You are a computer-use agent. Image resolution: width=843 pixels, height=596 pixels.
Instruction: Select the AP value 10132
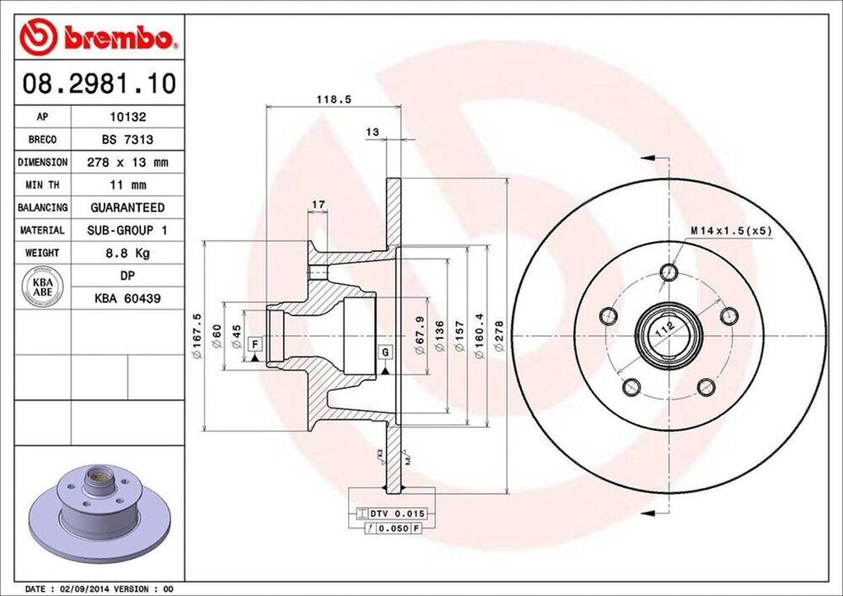click(x=128, y=118)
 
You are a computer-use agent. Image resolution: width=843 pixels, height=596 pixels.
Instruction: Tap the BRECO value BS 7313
click(x=128, y=140)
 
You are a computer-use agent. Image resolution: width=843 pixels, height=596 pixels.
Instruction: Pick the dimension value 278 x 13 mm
click(x=128, y=162)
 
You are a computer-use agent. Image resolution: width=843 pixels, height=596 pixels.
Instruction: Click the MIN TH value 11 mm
click(x=128, y=185)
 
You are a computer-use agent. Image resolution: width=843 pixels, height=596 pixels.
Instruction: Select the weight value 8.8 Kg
click(x=128, y=253)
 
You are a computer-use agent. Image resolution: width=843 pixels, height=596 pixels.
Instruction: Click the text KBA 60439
click(x=128, y=298)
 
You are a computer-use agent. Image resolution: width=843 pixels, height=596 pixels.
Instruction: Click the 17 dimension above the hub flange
click(x=317, y=203)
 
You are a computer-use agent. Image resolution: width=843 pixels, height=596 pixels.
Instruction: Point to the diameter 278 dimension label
click(x=499, y=336)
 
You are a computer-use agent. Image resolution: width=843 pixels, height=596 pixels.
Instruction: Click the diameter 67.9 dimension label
click(x=419, y=336)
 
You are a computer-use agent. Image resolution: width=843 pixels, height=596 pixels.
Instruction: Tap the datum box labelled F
click(x=256, y=343)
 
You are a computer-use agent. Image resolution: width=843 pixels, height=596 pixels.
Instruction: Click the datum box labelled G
click(x=384, y=352)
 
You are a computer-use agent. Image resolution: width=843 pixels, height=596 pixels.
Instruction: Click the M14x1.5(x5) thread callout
click(x=731, y=230)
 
